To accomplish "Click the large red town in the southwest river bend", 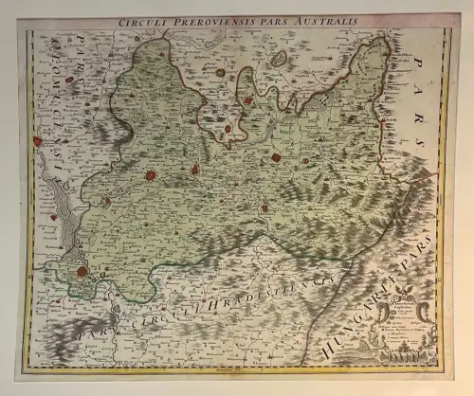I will click(82, 272).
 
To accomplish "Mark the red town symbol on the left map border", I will click(37, 141).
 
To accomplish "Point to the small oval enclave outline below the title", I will click(279, 59).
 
